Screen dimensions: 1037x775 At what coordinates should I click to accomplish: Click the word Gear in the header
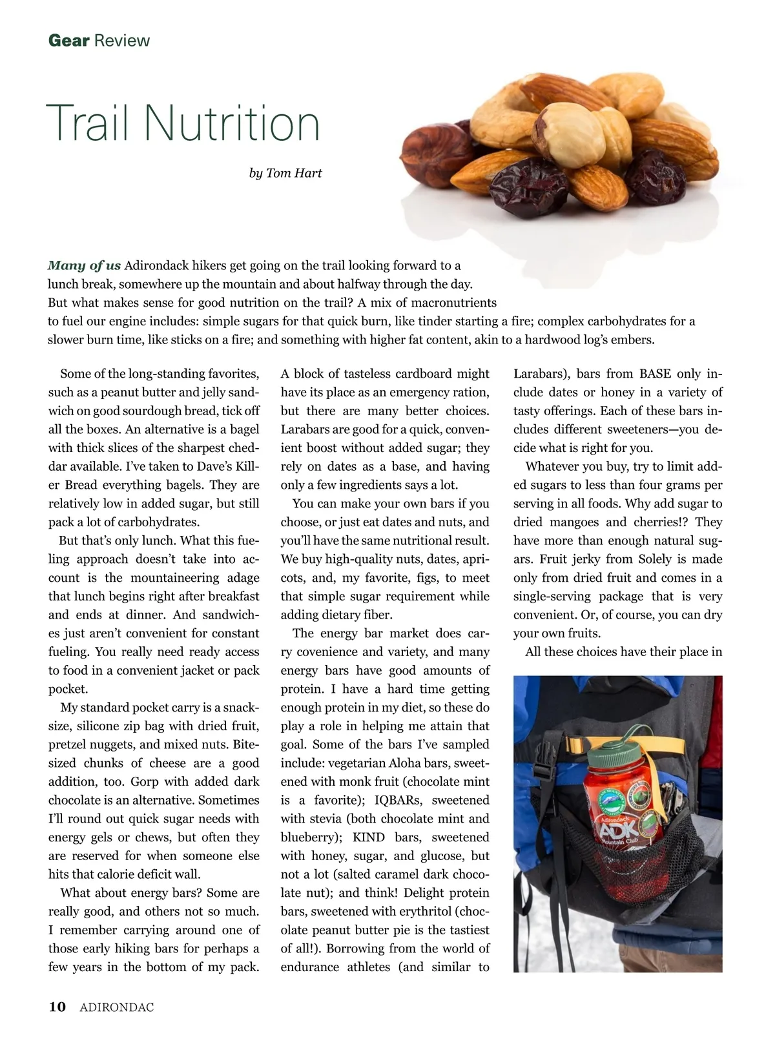point(68,41)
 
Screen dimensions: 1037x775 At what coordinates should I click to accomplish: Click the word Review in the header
point(121,41)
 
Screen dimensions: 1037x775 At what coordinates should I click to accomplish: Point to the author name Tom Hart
point(294,173)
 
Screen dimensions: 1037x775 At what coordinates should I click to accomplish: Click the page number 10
point(57,1007)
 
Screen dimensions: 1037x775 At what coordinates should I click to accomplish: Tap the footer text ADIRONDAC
point(117,1007)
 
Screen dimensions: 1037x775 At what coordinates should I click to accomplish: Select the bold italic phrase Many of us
point(84,265)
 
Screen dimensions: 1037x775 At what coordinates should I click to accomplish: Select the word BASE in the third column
point(657,374)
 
